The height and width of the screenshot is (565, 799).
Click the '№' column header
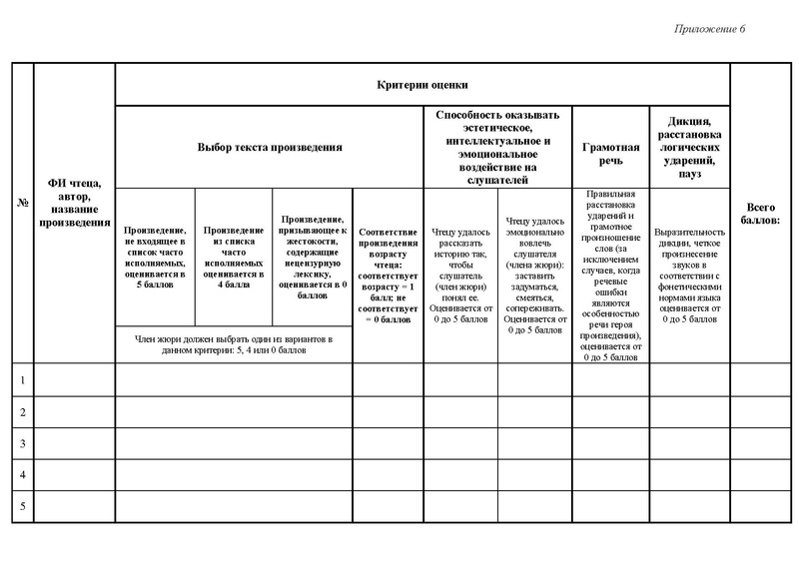click(x=22, y=204)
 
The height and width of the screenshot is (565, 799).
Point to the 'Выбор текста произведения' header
click(x=270, y=147)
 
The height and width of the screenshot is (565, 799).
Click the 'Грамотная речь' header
click(x=610, y=147)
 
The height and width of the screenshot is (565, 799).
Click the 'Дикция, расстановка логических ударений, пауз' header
click(x=690, y=147)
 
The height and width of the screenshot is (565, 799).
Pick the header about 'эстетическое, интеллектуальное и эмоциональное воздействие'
click(x=497, y=147)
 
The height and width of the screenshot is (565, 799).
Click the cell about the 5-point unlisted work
click(x=155, y=257)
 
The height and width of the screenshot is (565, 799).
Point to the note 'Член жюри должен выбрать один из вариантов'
click(x=233, y=345)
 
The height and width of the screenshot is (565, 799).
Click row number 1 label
click(x=22, y=380)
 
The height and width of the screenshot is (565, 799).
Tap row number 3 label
click(x=22, y=443)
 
